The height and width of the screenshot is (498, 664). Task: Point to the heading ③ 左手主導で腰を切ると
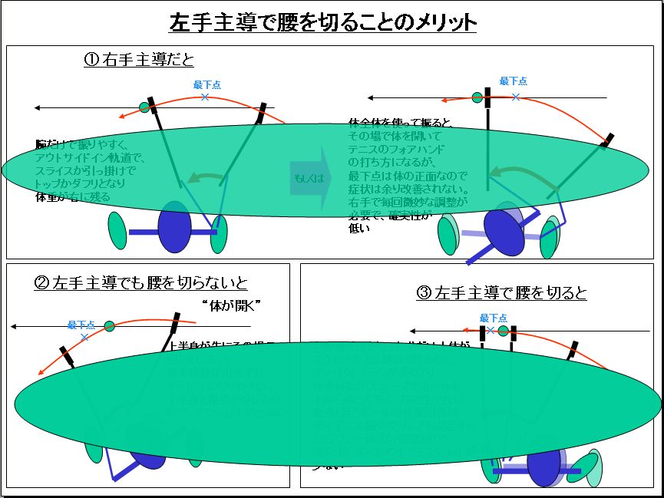(502, 292)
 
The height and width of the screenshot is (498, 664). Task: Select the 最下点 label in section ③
(494, 318)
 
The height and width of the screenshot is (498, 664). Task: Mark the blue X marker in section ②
(84, 337)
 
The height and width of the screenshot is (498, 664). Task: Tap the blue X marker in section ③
(493, 331)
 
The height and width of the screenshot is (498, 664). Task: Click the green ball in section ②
(110, 326)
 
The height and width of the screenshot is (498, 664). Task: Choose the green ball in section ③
(504, 331)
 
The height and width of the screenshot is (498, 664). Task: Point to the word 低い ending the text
(359, 227)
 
